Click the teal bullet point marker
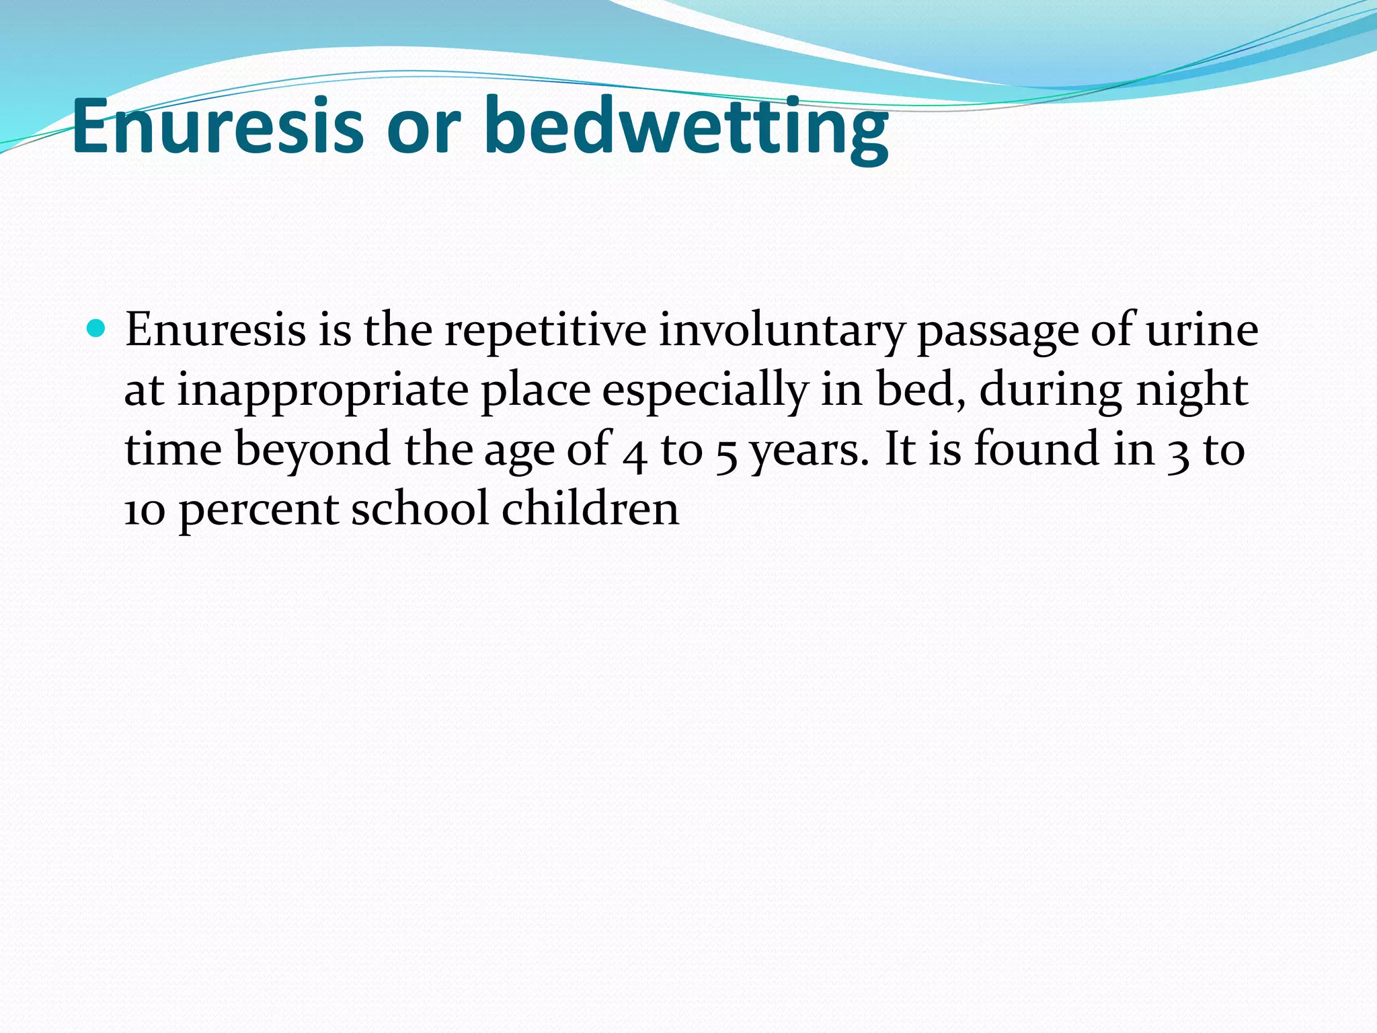click(x=97, y=329)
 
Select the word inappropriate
click(x=322, y=391)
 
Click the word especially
click(x=705, y=391)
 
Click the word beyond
click(x=313, y=450)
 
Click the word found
click(x=1036, y=449)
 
